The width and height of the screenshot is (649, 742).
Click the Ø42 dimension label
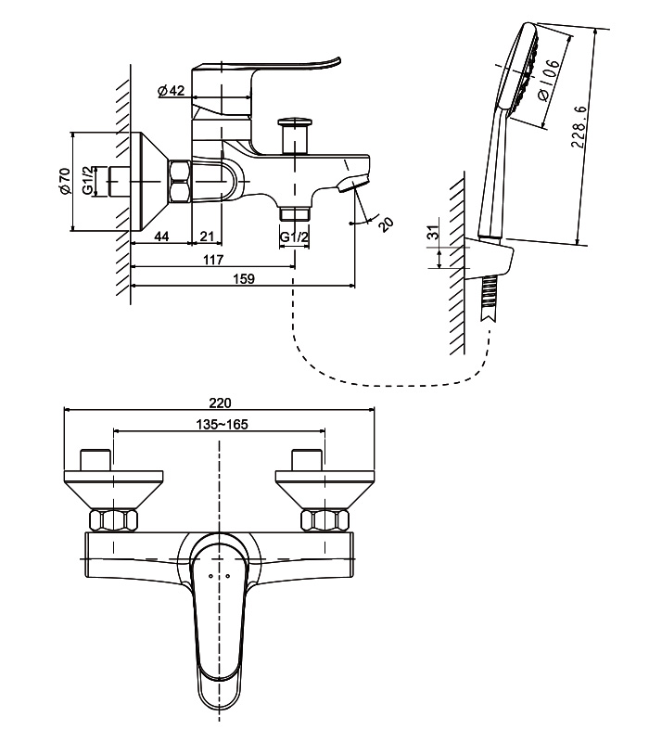click(x=172, y=90)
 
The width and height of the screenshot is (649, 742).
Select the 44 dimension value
click(x=161, y=237)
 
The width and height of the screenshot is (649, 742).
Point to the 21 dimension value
click(x=207, y=237)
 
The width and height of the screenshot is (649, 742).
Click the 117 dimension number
click(x=213, y=260)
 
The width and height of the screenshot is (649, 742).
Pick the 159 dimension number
click(x=244, y=279)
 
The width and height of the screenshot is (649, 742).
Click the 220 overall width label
click(x=220, y=403)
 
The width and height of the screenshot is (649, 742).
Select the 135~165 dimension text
click(x=222, y=425)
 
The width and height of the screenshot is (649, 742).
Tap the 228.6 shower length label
click(x=579, y=127)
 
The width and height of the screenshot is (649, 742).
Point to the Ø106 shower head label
click(x=549, y=80)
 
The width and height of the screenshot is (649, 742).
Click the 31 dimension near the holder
click(x=434, y=232)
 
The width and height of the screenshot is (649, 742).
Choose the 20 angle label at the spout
click(x=387, y=224)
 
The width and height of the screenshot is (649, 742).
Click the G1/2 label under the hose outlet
click(x=294, y=237)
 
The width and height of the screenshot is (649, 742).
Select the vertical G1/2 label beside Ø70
click(x=88, y=180)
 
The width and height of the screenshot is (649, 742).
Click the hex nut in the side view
click(x=180, y=182)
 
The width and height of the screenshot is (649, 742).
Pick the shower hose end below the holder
click(x=489, y=298)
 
